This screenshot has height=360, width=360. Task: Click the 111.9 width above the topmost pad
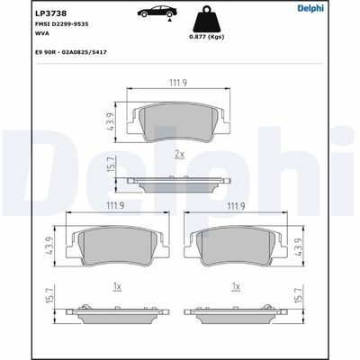tap(178, 85)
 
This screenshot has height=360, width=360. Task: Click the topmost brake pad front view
tap(178, 121)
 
